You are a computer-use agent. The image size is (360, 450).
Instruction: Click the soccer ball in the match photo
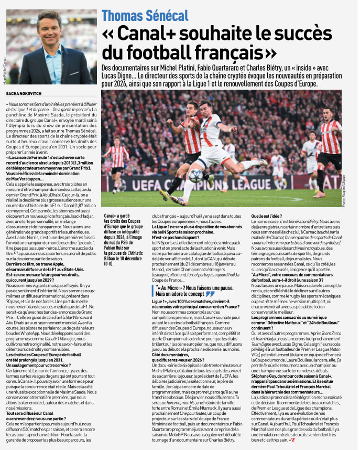pyautogui.click(x=196, y=175)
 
